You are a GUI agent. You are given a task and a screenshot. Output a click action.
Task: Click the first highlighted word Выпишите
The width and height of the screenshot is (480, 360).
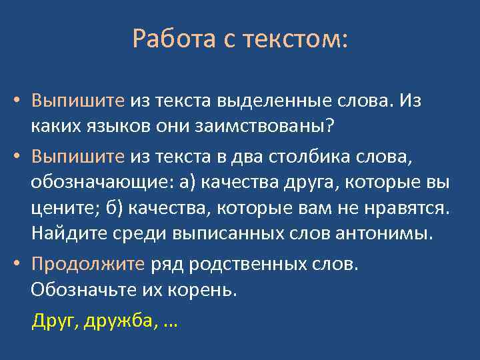tap(77, 101)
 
